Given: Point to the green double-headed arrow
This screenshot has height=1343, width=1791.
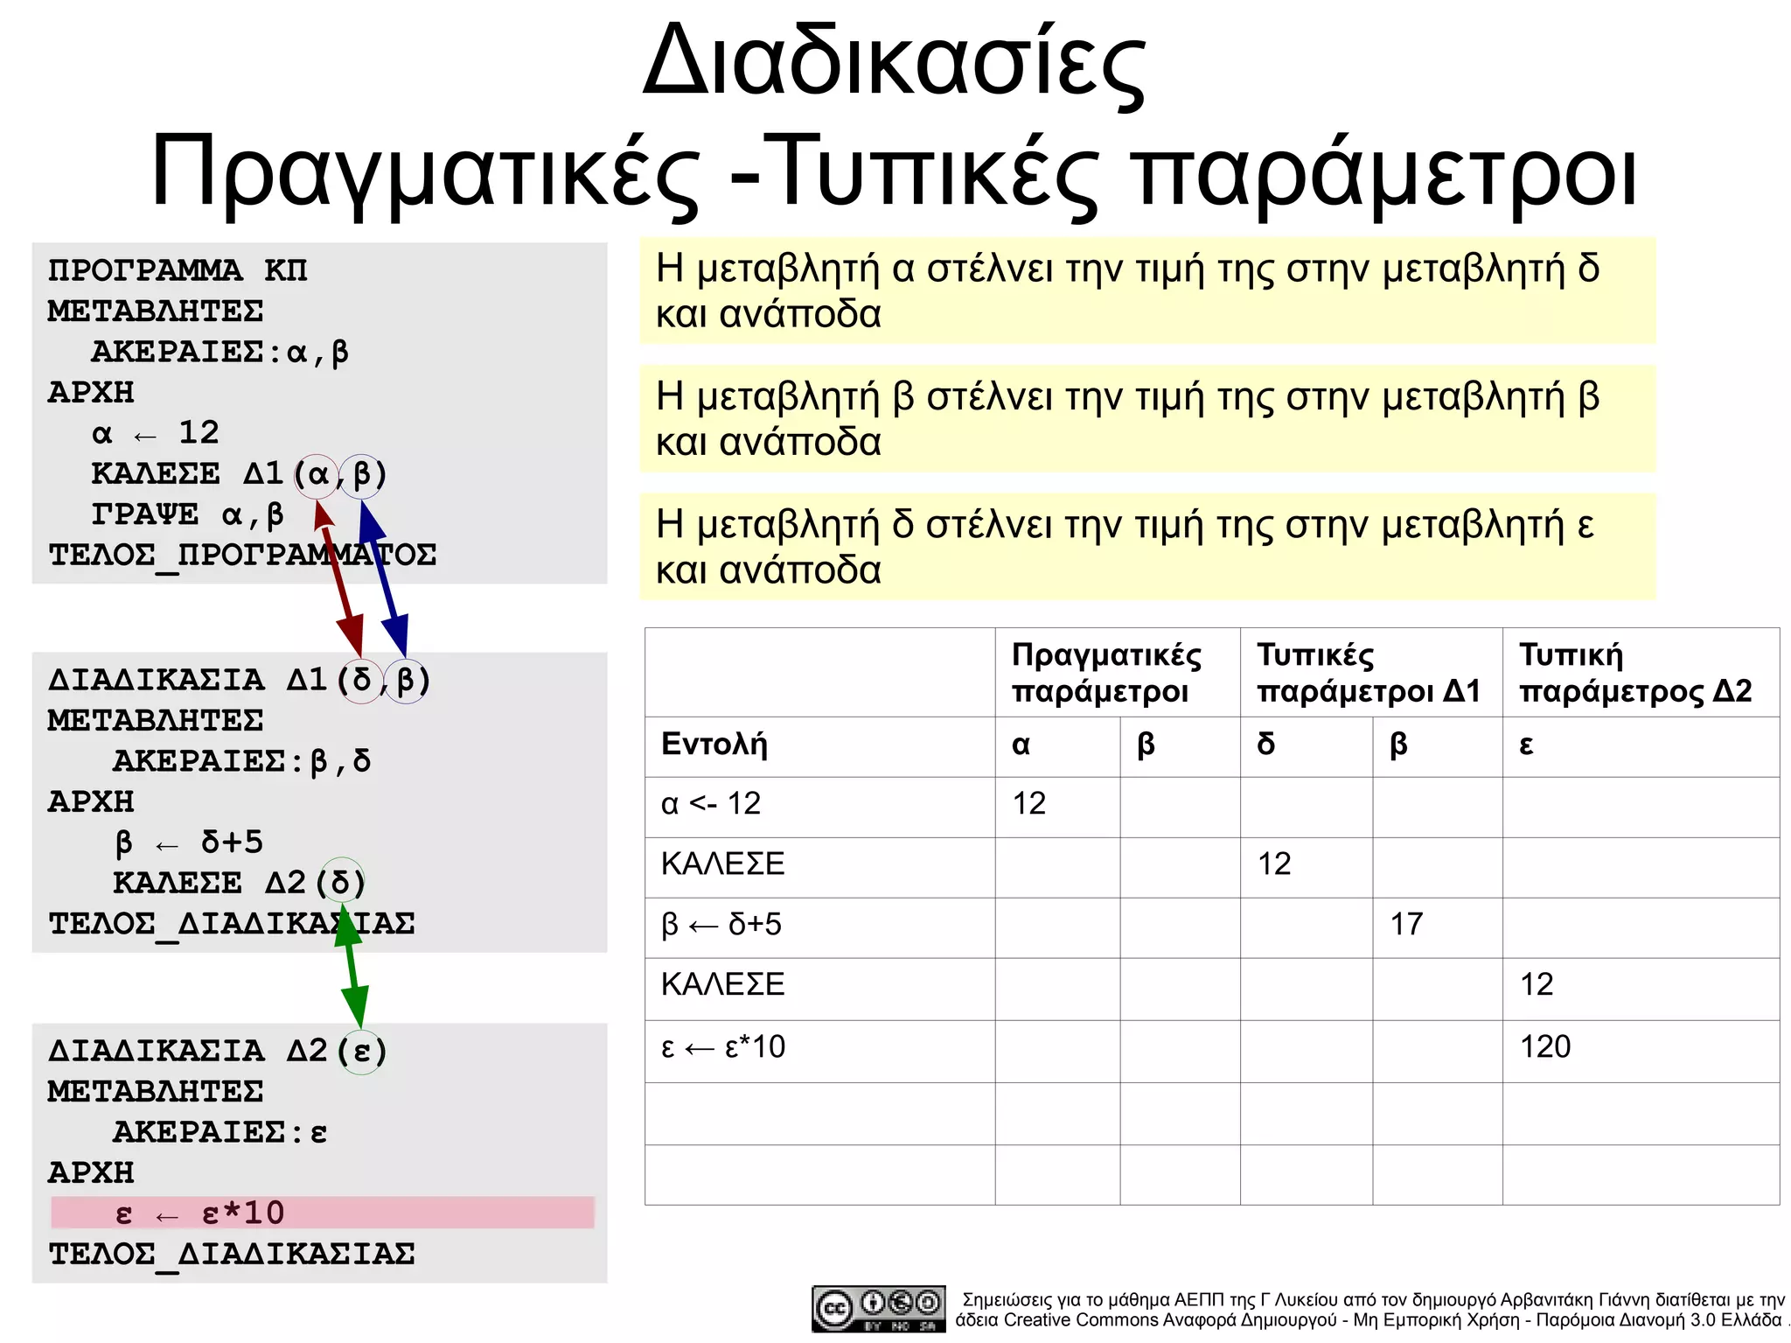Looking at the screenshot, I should point(352,967).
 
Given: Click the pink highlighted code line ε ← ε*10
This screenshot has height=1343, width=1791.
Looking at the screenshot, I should point(322,1213).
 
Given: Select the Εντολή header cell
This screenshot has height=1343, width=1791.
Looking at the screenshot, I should point(819,745).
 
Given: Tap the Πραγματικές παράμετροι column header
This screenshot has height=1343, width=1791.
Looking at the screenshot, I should point(1116,672).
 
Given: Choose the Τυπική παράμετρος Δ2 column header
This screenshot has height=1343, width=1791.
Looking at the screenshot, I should point(1639,672).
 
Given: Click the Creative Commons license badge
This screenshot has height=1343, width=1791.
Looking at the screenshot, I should point(878,1308).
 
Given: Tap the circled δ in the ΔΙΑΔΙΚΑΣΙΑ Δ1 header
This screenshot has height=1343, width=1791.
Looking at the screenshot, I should point(360,681).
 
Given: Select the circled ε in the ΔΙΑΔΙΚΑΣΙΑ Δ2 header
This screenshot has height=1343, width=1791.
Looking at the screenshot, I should point(362,1051).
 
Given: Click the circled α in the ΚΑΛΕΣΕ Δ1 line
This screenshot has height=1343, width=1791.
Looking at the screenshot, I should point(317,475).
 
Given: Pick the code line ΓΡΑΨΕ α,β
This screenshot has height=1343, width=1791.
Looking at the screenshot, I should point(187,514).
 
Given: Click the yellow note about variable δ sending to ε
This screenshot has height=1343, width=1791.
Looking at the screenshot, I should point(1147,547).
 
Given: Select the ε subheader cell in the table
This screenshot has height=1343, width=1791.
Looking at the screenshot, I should point(1639,745).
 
